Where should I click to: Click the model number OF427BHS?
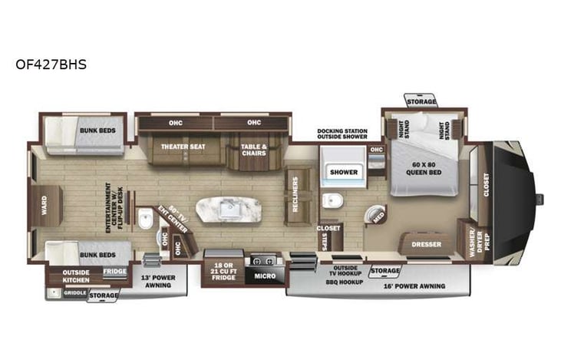click(51, 64)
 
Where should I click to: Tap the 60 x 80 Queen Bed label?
click(425, 167)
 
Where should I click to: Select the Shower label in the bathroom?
click(344, 172)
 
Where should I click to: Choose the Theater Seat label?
click(183, 146)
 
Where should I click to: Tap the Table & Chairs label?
click(252, 149)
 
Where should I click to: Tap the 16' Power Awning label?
click(415, 286)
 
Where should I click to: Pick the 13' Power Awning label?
click(159, 280)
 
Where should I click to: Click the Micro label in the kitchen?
click(264, 276)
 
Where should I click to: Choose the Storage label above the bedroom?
click(421, 101)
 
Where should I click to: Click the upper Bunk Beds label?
click(98, 130)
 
